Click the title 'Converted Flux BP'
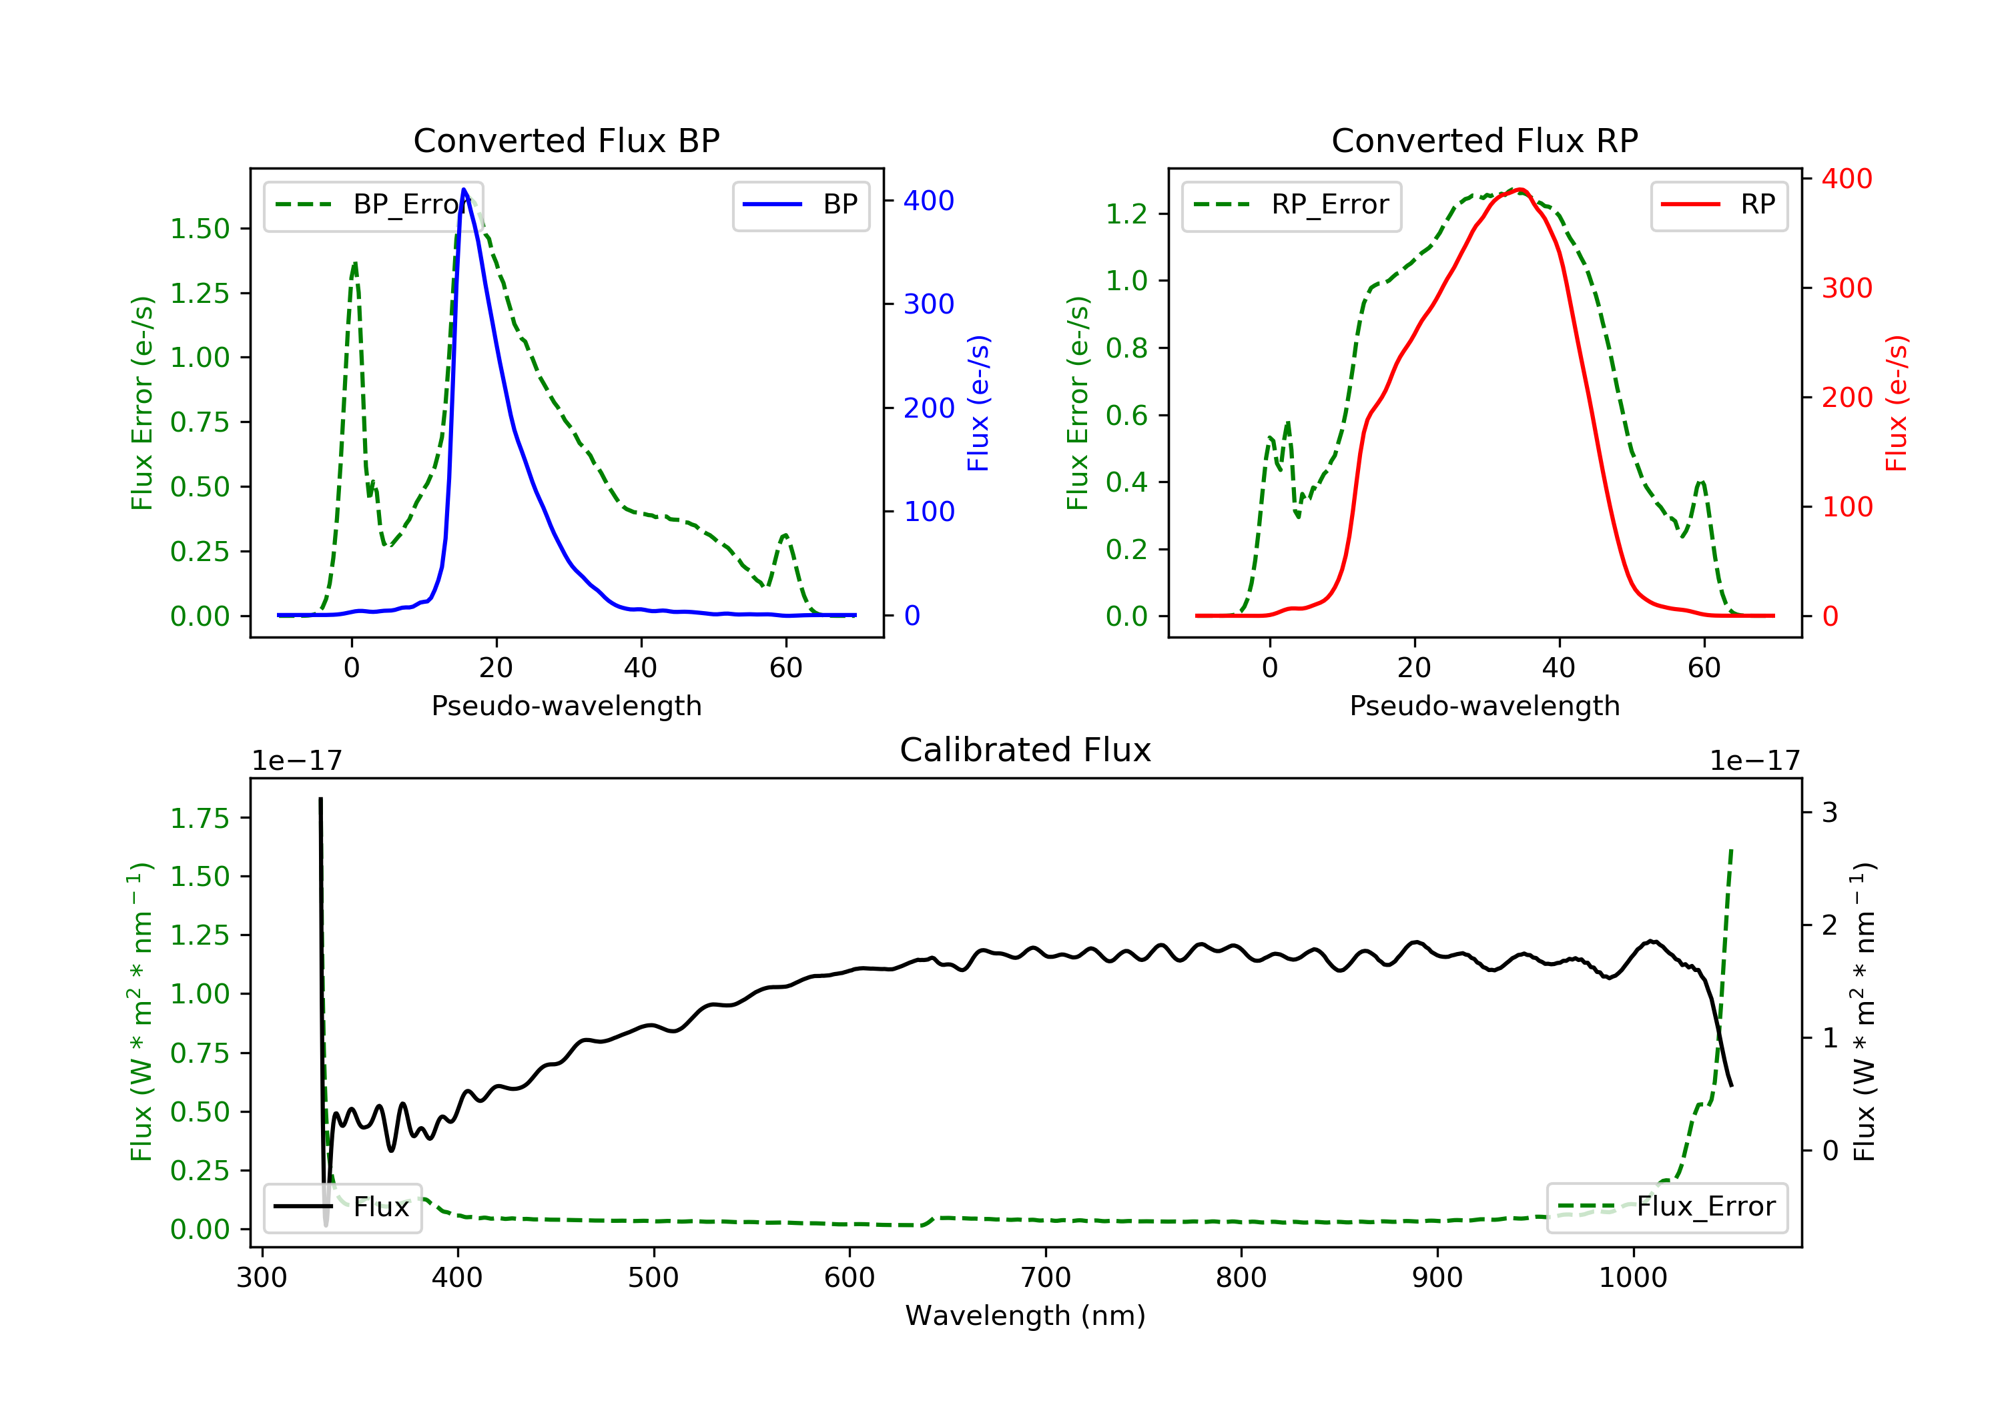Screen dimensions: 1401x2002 566,140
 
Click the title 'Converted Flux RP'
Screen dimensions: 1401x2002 1484,140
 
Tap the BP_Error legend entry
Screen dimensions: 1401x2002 373,205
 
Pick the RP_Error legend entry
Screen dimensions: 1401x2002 1291,205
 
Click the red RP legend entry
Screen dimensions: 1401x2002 1718,205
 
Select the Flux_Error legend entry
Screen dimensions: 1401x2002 1666,1207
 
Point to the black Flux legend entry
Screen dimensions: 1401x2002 343,1207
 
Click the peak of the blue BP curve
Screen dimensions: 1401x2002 464,189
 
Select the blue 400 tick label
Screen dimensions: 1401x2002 929,201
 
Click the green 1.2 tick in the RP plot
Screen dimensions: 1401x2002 1126,213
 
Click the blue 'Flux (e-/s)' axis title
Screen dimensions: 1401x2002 978,404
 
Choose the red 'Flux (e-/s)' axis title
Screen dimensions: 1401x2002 1897,404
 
